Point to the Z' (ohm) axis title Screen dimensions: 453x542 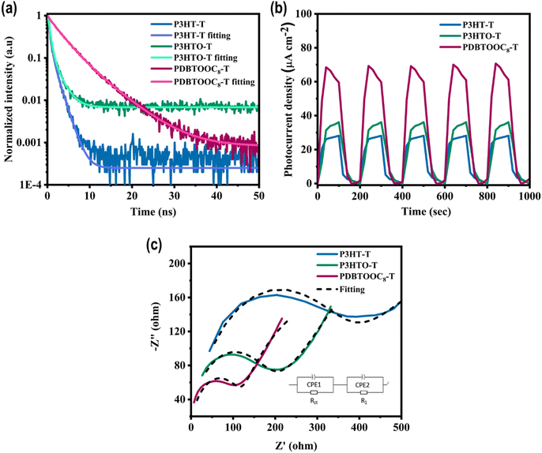pos(295,446)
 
